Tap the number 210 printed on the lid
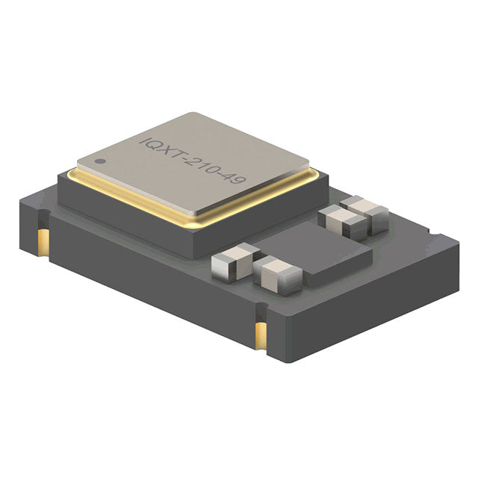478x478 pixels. coord(202,167)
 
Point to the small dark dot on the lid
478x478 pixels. coord(99,161)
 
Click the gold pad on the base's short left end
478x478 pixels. coord(43,241)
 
